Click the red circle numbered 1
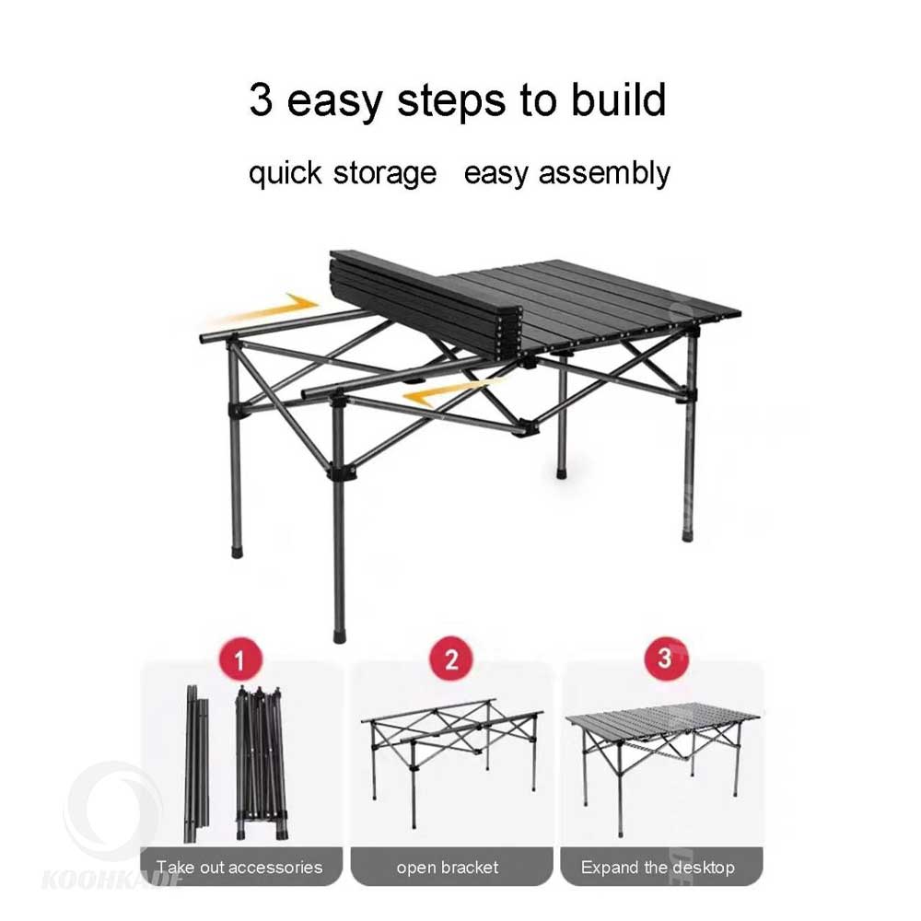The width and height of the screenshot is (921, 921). [x=239, y=659]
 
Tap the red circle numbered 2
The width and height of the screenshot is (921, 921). [x=450, y=659]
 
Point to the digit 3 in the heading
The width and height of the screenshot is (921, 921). [x=261, y=99]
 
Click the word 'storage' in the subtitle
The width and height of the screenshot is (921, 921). [x=385, y=174]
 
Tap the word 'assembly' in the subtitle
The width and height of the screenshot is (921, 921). [x=604, y=174]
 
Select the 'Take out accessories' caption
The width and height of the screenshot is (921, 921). [x=239, y=867]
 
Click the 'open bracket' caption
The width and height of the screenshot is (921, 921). [x=448, y=867]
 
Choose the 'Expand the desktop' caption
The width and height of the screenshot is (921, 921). [x=658, y=868]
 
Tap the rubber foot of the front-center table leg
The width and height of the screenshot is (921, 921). [x=340, y=636]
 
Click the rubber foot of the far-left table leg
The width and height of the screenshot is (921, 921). [x=238, y=552]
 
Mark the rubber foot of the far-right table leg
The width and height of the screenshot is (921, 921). [x=687, y=536]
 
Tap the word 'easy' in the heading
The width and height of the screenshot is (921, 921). [x=334, y=102]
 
